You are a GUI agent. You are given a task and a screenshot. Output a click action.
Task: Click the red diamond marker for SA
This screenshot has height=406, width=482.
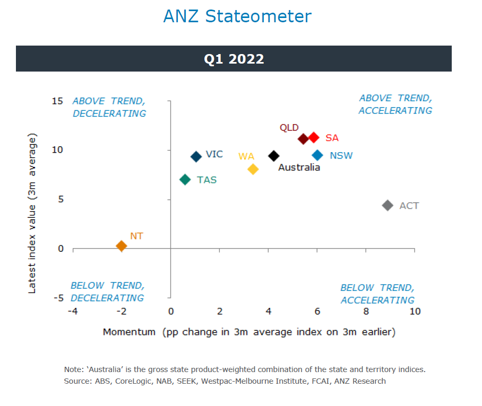314,137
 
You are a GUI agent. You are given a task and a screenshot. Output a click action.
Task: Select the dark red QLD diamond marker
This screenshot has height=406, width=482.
303,139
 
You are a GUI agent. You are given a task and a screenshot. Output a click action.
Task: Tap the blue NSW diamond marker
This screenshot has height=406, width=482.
317,155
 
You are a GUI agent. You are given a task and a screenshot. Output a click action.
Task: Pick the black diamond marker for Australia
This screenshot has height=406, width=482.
274,156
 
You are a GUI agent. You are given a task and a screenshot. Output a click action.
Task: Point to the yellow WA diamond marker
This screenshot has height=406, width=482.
253,169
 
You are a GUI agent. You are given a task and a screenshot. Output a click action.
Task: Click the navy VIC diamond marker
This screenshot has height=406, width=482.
196,156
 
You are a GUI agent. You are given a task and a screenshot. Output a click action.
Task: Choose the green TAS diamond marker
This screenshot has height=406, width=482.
185,180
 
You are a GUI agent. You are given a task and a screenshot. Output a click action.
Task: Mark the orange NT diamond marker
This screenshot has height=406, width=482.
121,246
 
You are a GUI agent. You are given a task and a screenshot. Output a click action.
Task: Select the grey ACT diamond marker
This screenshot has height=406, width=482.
388,206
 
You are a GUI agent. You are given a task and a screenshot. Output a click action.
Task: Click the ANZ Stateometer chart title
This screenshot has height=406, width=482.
237,16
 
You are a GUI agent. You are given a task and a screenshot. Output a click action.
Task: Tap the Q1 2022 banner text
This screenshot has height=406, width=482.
234,59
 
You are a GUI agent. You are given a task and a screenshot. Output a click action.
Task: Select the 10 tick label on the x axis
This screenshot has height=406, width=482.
415,311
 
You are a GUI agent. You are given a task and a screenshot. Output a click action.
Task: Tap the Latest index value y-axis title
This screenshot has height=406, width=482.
32,214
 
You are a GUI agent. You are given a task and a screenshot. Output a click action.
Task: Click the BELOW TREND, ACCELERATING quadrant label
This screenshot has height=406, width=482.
377,294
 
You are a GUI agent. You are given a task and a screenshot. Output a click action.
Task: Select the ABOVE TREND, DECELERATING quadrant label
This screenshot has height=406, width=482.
109,107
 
